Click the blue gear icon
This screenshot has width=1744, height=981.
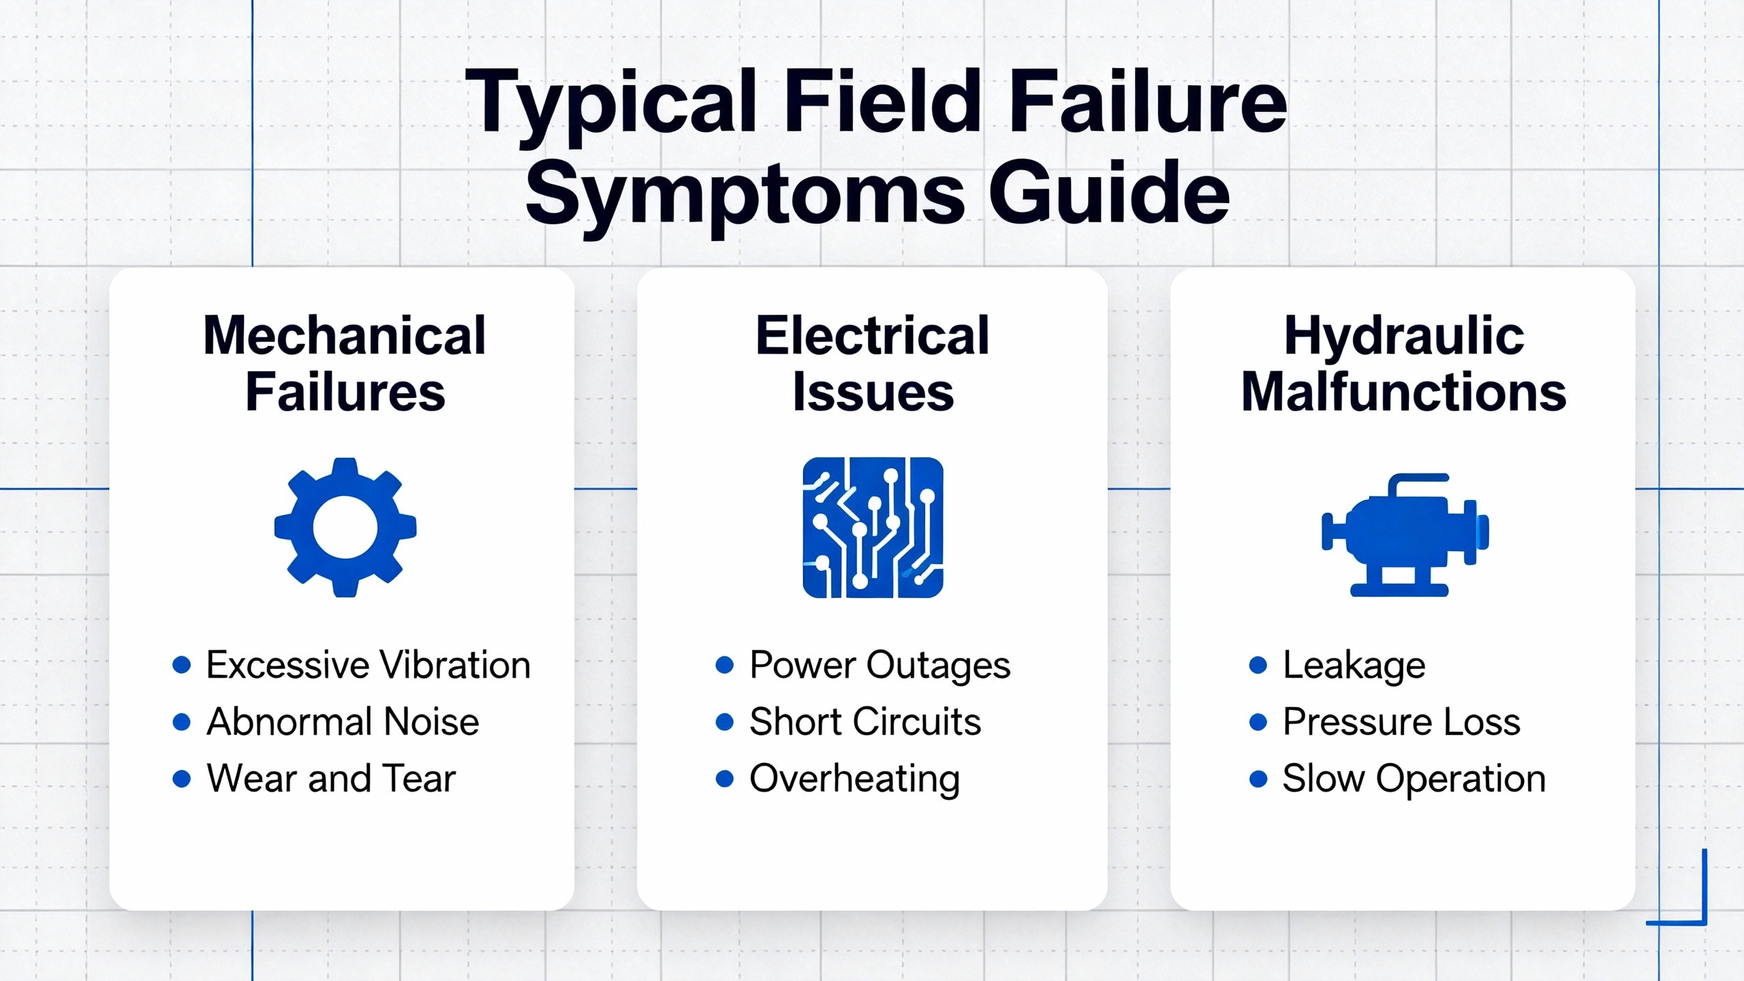click(x=345, y=527)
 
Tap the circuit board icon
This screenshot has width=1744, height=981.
click(x=873, y=527)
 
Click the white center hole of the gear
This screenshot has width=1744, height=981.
click(x=345, y=527)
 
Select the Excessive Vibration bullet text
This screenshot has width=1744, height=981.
click(x=368, y=665)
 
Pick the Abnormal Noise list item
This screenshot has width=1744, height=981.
click(x=343, y=721)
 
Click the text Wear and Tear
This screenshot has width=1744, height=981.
click(x=331, y=778)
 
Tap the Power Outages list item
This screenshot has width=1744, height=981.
click(x=879, y=665)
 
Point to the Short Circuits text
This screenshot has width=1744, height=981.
click(x=865, y=721)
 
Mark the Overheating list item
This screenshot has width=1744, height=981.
click(x=854, y=779)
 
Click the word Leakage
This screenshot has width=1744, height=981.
click(x=1354, y=665)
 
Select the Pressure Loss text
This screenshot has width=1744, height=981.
click(x=1401, y=721)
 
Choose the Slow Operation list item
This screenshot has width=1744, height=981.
click(x=1414, y=779)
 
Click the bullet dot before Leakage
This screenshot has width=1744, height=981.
click(x=1258, y=665)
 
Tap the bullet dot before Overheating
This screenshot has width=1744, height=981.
click(x=725, y=779)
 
